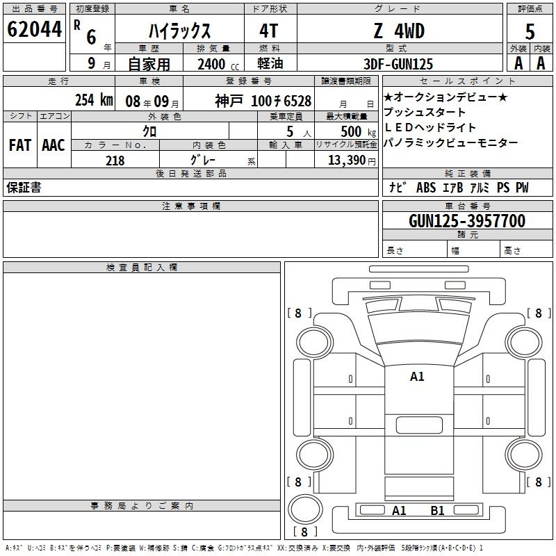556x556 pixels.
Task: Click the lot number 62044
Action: click(34, 29)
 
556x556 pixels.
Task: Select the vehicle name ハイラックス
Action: click(179, 31)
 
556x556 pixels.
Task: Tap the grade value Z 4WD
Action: click(399, 31)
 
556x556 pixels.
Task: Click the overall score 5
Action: click(530, 31)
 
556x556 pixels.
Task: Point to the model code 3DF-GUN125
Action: click(398, 64)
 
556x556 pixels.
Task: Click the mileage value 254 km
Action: click(94, 99)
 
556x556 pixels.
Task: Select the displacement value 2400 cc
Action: click(218, 64)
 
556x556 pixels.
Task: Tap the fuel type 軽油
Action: click(270, 63)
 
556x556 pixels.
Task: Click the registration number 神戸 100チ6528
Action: click(263, 101)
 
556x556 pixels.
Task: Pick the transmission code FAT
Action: click(20, 145)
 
